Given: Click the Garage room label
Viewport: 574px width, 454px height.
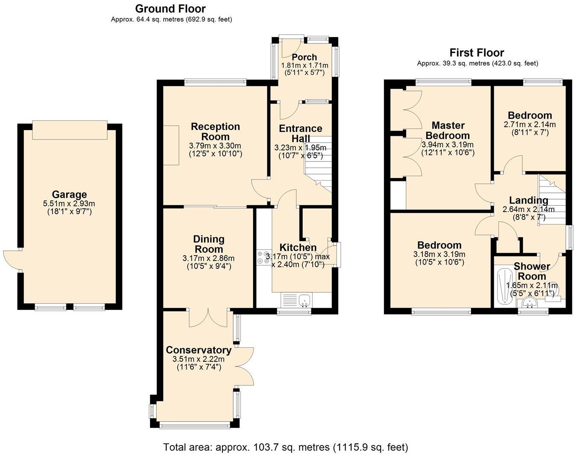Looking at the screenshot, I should pos(69,195).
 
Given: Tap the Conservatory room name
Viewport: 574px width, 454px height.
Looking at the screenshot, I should pos(199,350).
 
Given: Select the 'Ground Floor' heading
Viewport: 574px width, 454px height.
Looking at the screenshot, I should pos(170,9).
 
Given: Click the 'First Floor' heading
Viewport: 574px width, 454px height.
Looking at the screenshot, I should pos(477,52).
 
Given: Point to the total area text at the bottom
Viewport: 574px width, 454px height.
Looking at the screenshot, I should pos(286,447).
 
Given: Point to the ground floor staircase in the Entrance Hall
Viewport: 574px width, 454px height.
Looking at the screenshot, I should pos(318,164).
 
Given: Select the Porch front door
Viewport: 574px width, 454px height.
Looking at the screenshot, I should pos(291,47).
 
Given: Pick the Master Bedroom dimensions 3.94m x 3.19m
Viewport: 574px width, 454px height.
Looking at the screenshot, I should pos(448,145).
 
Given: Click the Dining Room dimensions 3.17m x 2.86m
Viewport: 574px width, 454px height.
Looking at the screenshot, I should pos(208,258).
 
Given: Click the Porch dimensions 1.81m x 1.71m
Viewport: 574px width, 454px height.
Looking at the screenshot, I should pos(305,65).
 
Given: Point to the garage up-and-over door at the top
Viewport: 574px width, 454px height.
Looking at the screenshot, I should pos(70,130).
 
